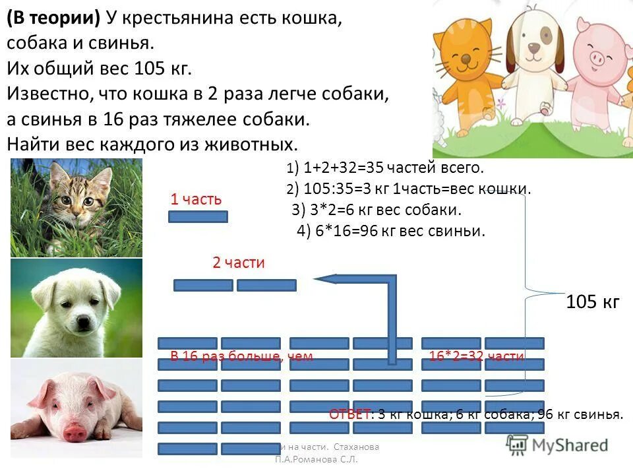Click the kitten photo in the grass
click(x=76, y=207)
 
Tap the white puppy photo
click(x=76, y=308)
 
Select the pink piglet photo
click(x=76, y=408)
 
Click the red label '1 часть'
click(x=196, y=199)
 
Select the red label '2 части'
click(x=238, y=263)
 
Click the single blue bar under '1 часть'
click(x=198, y=216)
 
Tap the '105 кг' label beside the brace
click(x=593, y=303)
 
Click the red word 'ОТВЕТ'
click(x=349, y=415)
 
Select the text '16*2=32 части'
click(x=476, y=357)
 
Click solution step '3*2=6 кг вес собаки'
click(x=377, y=210)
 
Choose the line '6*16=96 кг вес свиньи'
click(x=391, y=231)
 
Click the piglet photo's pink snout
click(x=74, y=432)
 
